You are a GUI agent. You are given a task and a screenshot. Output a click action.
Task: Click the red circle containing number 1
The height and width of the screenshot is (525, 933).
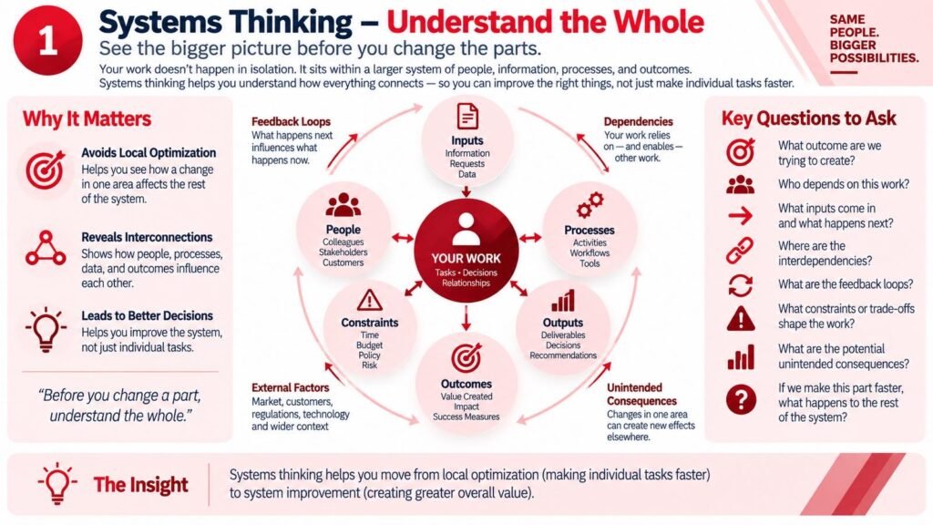(47, 40)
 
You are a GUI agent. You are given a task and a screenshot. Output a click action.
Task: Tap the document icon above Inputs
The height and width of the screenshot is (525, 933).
(467, 116)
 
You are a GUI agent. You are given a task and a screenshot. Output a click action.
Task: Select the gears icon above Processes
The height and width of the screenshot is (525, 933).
(590, 205)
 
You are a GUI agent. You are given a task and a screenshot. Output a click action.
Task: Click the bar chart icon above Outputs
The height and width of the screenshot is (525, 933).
(563, 301)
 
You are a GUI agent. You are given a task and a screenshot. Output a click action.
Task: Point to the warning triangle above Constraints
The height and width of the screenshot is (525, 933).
(370, 301)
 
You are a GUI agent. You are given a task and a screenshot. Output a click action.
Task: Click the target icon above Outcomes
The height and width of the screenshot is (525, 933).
(466, 357)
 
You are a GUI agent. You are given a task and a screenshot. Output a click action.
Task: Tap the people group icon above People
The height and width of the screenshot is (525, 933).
(343, 205)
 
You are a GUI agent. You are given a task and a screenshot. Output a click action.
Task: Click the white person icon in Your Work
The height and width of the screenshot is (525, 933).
(466, 229)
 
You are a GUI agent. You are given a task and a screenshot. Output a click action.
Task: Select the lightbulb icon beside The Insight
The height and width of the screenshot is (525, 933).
(57, 483)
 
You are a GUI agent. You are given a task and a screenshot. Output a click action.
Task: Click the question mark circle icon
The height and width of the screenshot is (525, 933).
(741, 399)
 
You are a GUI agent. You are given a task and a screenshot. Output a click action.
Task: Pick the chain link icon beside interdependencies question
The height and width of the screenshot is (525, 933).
(740, 251)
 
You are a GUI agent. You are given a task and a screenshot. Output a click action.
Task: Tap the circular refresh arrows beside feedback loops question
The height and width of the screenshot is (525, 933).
(740, 285)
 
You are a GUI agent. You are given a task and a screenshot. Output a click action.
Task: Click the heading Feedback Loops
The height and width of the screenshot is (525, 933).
(291, 121)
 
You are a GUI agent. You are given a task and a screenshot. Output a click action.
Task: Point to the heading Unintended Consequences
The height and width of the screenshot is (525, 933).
(642, 394)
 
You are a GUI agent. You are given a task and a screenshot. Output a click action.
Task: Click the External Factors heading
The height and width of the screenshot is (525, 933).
(291, 387)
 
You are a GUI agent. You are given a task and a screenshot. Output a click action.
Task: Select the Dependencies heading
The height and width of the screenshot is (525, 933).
(639, 121)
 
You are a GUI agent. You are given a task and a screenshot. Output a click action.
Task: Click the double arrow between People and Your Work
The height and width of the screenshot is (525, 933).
(403, 238)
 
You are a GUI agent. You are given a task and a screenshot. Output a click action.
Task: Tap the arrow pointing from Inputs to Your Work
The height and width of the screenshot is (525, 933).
(466, 191)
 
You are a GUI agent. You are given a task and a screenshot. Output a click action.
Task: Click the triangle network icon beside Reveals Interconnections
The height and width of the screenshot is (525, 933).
(46, 248)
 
